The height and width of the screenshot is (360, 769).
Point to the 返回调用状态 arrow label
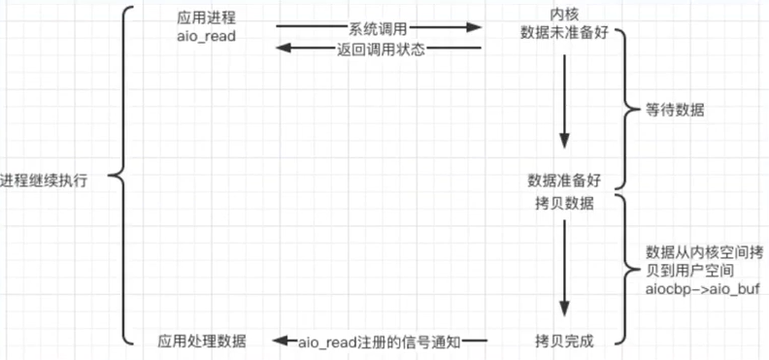tap(380, 49)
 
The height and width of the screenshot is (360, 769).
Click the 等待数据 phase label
tap(675, 110)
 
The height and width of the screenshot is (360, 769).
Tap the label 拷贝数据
tap(564, 204)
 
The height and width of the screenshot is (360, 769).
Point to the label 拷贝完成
tap(564, 341)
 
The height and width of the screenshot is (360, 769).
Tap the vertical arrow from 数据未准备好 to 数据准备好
tap(564, 107)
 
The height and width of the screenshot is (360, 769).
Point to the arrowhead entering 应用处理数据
tap(279, 342)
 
